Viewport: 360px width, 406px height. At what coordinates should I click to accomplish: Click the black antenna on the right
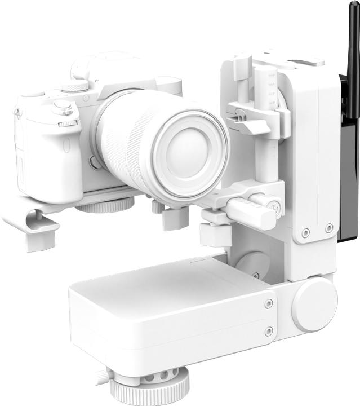pos(353,56)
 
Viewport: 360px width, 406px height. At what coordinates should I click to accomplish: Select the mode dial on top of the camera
pos(74,86)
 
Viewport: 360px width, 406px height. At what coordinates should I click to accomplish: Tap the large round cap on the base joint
pos(314,304)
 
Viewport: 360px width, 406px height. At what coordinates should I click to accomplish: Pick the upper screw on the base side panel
pos(268,303)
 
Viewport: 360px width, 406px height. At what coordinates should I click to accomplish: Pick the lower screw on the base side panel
pos(269,331)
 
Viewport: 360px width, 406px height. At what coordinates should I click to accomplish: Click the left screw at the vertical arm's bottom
pos(305,232)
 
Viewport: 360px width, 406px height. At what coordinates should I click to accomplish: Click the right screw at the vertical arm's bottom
pos(329,228)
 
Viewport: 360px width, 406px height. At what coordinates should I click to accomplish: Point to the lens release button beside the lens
pos(95,164)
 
